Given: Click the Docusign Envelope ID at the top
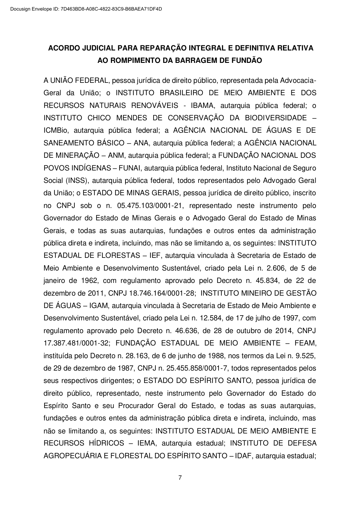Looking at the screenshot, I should (x=86, y=9).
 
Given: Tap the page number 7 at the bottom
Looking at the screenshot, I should (x=180, y=478).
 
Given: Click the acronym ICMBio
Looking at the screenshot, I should (x=57, y=131).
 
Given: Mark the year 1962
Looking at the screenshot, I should (x=89, y=280).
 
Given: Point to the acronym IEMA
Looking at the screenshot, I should (x=146, y=443).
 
